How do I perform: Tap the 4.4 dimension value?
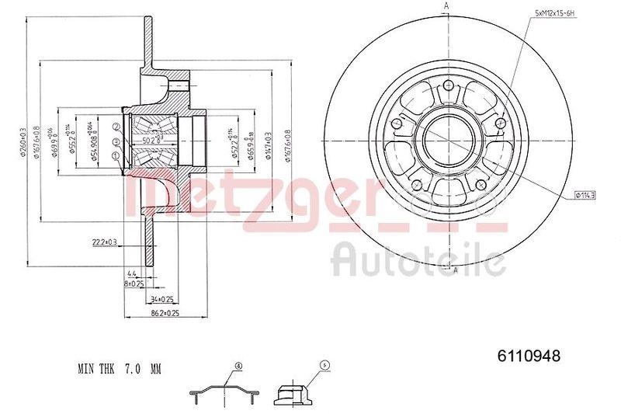point(132,274)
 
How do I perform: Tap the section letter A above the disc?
point(446,7)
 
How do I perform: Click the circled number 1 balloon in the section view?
point(116,156)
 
